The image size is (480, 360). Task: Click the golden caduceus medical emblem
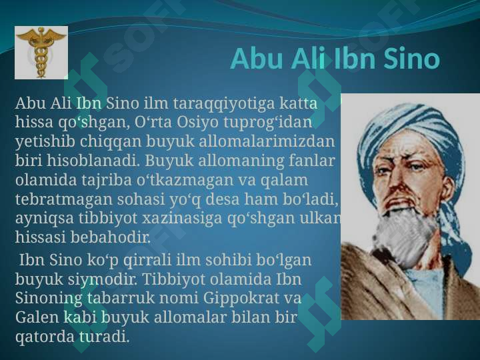point(41,53)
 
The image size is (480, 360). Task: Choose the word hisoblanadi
point(91,161)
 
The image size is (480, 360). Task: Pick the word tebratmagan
point(64,199)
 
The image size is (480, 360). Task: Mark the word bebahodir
point(111,237)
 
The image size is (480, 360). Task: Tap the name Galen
point(37,317)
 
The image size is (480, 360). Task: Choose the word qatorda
point(45,337)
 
